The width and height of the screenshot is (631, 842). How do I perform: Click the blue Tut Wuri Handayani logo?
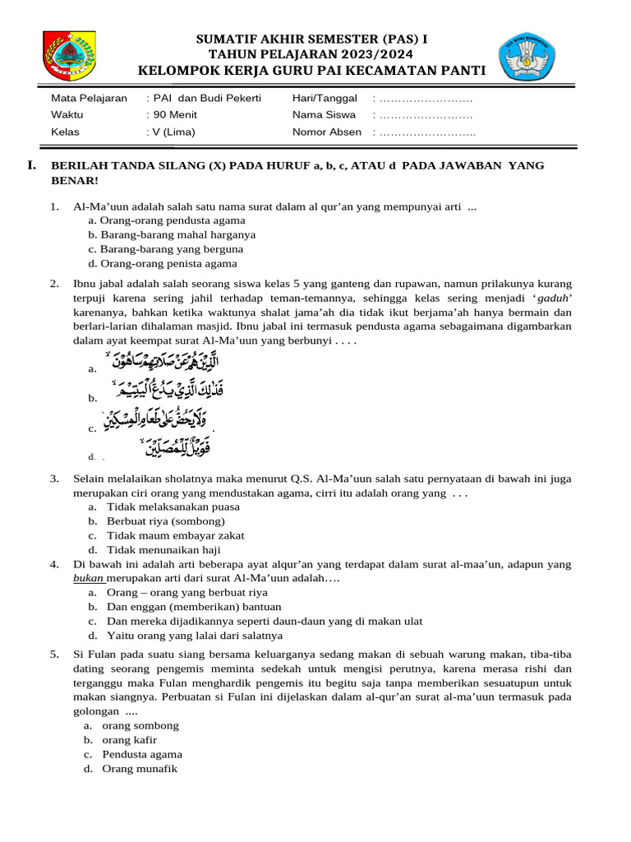528,58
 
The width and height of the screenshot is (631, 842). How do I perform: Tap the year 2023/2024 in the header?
367,54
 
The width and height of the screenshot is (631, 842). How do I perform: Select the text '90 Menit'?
173,115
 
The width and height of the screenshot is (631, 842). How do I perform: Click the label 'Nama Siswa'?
324,115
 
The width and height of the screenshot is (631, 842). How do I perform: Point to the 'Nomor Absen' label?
326,132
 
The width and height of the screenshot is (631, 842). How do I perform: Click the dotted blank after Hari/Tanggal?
426,99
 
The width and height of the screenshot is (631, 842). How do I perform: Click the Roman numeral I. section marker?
32,166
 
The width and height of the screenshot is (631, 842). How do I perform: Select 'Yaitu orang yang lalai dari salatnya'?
195,636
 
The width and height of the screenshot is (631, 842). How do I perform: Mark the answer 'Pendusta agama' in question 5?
142,754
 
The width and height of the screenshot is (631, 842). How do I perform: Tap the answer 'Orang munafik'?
140,769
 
